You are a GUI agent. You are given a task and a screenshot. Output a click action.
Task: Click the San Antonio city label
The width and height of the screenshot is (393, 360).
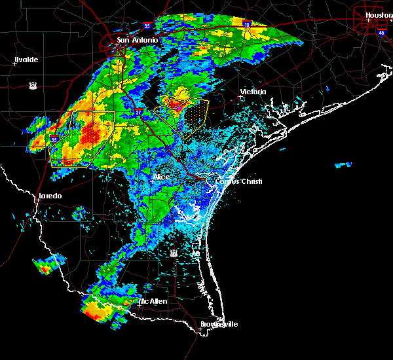(x=138, y=41)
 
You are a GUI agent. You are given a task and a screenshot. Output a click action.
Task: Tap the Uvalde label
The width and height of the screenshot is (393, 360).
(x=26, y=60)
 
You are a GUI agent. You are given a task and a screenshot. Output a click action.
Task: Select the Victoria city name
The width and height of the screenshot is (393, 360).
(x=253, y=92)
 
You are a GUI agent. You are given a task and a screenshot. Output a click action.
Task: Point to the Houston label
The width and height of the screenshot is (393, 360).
(x=378, y=15)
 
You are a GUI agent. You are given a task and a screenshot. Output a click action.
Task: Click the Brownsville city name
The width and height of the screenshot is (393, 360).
(x=219, y=324)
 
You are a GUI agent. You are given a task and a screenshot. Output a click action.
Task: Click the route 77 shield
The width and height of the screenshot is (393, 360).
(x=174, y=253)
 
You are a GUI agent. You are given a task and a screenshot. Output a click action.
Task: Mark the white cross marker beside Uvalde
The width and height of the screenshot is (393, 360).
(x=14, y=64)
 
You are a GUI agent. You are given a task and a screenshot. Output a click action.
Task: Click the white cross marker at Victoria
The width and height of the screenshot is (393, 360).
(x=242, y=97)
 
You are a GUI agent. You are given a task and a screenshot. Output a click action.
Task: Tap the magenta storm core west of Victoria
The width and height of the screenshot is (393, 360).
(x=174, y=103)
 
